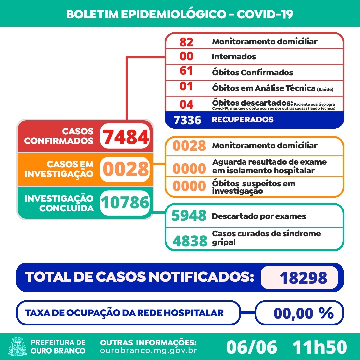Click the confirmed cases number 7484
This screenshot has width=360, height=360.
tap(125, 137)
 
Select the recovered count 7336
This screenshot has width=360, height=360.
tap(187, 120)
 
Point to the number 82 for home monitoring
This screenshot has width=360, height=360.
tap(186, 42)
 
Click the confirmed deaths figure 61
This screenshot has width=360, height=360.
tap(186, 72)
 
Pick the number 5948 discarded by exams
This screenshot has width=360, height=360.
tap(189, 216)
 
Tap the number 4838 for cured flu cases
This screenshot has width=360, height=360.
tap(189, 240)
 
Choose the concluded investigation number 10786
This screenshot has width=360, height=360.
tap(125, 203)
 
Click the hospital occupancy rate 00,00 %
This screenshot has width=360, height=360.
tap(303, 313)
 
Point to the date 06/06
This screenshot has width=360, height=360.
tap(251, 347)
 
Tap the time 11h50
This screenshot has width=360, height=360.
tap(319, 347)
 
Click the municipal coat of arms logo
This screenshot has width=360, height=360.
tap(18, 347)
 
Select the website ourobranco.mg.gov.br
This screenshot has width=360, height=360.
tap(148, 351)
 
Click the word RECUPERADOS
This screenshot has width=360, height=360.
tap(243, 120)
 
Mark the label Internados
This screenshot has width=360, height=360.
tap(234, 57)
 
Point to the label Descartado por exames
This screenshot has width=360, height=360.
tap(259, 216)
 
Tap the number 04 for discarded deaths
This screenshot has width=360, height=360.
tap(186, 104)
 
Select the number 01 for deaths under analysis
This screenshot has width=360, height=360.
tap(186, 87)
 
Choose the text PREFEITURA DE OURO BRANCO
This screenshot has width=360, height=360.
tap(58, 347)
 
